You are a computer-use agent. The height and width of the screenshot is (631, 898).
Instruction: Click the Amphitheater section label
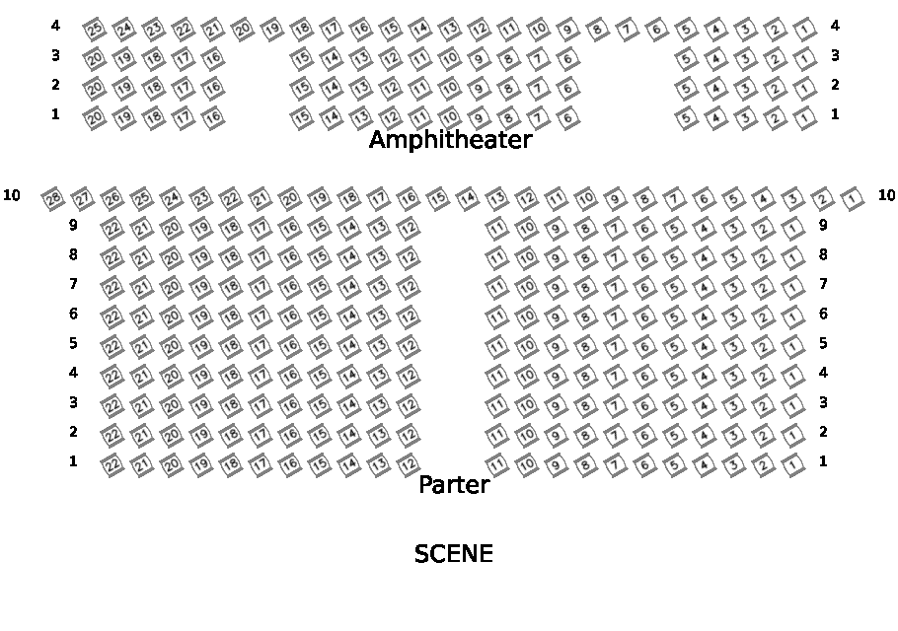point(450,140)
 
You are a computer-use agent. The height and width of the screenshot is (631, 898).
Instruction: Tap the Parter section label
point(454,485)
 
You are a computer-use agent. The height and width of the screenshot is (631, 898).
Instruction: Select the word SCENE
point(453,554)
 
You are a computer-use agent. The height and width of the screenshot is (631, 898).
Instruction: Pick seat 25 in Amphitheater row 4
point(94,29)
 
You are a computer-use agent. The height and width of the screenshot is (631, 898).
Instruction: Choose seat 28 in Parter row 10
point(53,200)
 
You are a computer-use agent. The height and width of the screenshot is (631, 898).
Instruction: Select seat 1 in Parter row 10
point(853,200)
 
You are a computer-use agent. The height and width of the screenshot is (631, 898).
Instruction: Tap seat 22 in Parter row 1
point(112,464)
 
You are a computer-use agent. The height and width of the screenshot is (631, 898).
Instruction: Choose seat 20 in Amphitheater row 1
point(95,118)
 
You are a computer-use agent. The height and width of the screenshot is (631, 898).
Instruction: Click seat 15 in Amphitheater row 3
point(301,59)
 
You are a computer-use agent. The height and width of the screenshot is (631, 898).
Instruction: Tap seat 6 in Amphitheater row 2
point(567,89)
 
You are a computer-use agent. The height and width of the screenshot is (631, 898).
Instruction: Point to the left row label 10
point(12,195)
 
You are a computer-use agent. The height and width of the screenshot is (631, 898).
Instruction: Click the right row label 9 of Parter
point(823,225)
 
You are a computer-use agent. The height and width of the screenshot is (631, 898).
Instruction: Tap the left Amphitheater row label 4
point(55,26)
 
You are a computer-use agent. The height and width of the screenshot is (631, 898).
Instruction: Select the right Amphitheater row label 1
point(835,114)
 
